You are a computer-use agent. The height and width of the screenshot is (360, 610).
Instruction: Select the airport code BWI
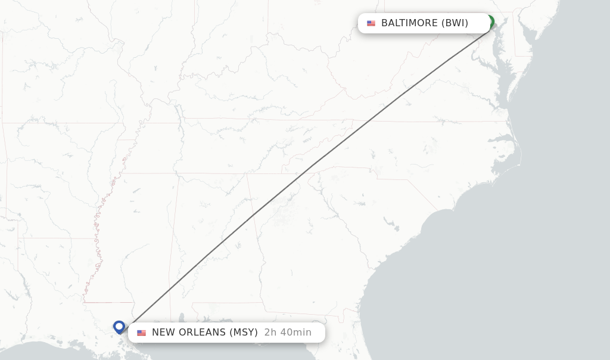(455, 23)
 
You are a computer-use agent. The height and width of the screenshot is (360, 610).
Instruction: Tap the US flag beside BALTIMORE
(371, 23)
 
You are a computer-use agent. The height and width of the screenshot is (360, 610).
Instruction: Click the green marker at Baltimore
(490, 22)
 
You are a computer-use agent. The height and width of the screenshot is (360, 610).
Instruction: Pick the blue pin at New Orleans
(119, 327)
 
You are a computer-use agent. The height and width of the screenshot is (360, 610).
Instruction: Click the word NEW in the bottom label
(164, 333)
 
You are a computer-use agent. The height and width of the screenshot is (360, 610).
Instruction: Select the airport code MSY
(244, 333)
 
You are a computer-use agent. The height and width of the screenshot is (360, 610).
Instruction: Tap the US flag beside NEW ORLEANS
(141, 333)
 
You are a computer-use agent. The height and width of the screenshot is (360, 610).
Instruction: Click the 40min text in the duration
(296, 333)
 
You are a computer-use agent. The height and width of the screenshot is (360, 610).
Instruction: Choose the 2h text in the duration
(271, 333)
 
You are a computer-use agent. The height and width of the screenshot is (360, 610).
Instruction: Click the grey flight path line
(310, 166)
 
